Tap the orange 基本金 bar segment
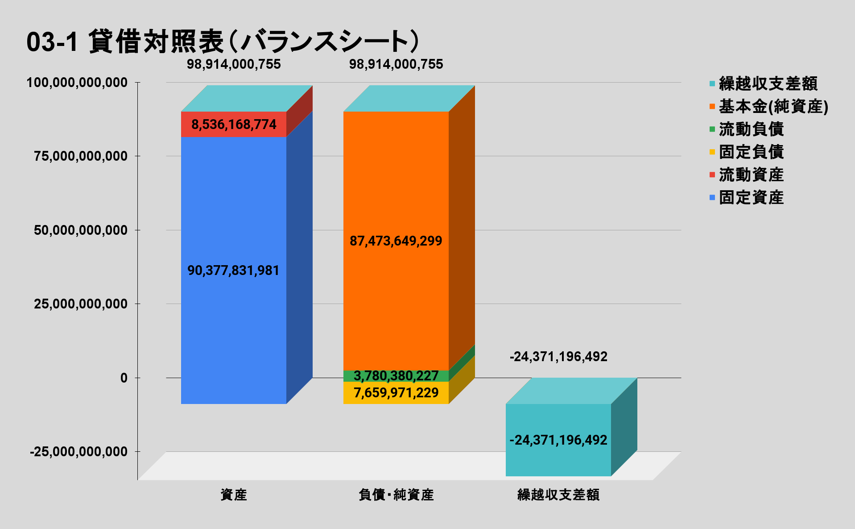(396, 179)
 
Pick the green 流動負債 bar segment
(348, 376)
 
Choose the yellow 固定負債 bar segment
(348, 393)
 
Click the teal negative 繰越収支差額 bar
(558, 460)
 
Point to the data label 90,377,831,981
(233, 271)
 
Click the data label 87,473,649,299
(396, 241)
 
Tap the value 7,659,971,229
(396, 393)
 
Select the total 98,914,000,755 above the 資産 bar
(234, 64)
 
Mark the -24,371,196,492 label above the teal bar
(558, 357)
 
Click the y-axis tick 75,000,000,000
(81, 156)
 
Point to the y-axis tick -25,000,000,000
(78, 452)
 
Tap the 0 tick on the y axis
(124, 378)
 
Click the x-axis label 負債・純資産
(396, 495)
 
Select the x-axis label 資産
(234, 495)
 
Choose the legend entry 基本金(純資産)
(773, 106)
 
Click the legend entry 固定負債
(751, 152)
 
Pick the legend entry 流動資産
(751, 175)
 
